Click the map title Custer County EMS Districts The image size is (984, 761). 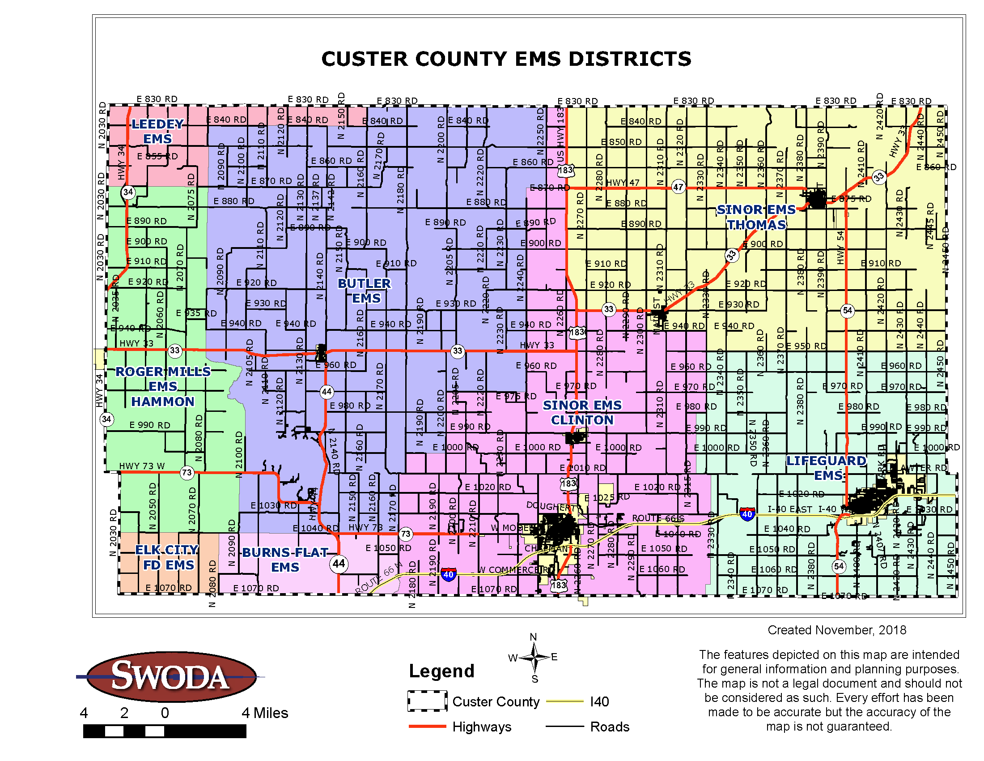coord(506,59)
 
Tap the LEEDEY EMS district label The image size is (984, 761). coord(157,131)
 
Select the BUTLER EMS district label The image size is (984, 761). coord(365,291)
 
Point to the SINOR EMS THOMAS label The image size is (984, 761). coord(756,217)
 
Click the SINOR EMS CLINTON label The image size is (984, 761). coord(581,412)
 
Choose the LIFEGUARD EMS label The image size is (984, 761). coord(826,467)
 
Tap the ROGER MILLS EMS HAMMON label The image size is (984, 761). coord(163,386)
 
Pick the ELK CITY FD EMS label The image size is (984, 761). coord(167,557)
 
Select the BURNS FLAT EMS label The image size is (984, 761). coord(285,560)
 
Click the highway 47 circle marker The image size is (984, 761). coord(678,187)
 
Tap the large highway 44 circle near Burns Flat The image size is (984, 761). coord(339,563)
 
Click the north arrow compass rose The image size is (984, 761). coord(534,658)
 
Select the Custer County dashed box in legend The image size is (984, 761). coord(427,701)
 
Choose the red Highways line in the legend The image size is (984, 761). coord(427,726)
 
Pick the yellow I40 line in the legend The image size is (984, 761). coord(564,701)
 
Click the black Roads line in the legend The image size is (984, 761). coord(564,726)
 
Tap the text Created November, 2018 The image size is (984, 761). coord(837,630)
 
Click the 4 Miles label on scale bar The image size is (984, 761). coord(264,713)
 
